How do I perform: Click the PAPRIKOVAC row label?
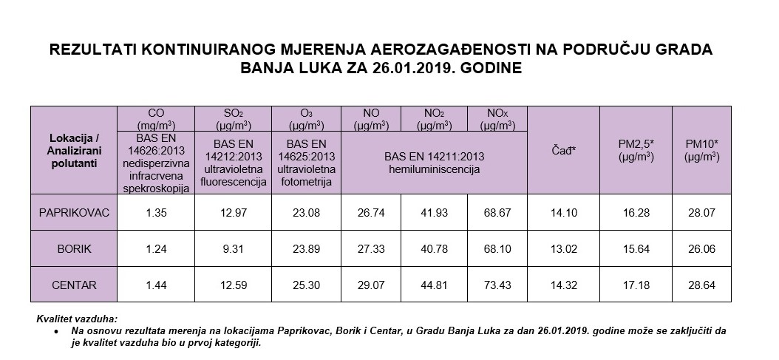pos(74,213)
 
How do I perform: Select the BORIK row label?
pos(74,249)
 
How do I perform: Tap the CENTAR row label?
pos(74,285)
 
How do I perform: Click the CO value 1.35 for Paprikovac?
pos(155,213)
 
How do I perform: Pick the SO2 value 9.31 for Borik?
pos(233,249)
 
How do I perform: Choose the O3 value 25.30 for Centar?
pos(305,285)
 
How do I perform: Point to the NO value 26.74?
pos(371,213)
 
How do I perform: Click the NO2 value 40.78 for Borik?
pos(434,249)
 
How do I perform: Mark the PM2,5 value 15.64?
pos(635,249)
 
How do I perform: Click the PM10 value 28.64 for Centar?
pos(701,285)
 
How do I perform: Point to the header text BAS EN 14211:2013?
pos(434,157)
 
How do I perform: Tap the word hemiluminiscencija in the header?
pos(434,169)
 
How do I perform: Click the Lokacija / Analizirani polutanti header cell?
pos(74,150)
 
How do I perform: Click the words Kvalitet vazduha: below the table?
pos(77,318)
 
